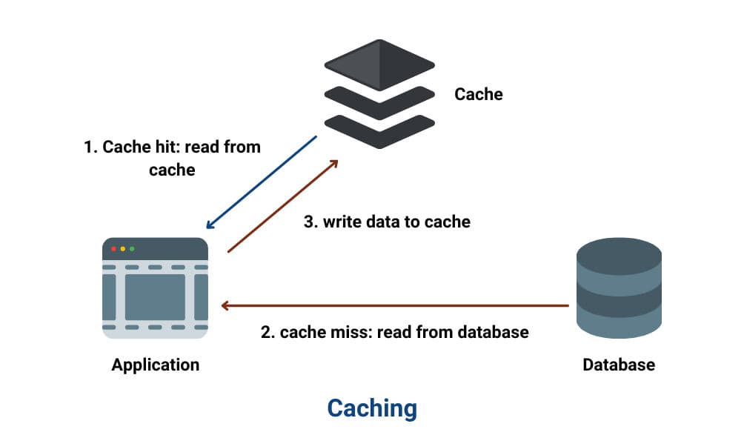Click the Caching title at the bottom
tap(372, 408)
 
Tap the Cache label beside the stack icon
tap(478, 94)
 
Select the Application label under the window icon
tap(155, 365)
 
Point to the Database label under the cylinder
tap(619, 365)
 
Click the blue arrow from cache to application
tap(262, 182)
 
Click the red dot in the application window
tap(113, 248)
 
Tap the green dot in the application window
tap(132, 248)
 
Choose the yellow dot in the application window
tap(123, 248)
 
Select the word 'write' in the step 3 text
tap(342, 222)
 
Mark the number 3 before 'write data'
tap(310, 222)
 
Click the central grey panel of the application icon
tap(154, 296)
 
